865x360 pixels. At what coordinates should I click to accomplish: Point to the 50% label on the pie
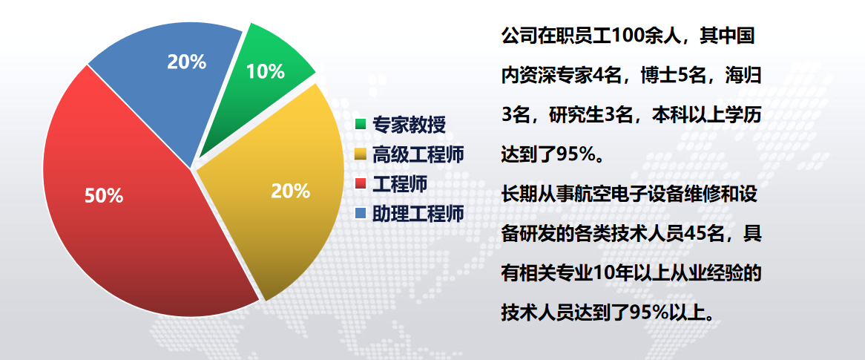(x=104, y=195)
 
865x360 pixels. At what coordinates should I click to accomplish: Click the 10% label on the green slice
(x=266, y=71)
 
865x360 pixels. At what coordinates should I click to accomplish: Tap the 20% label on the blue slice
(x=186, y=62)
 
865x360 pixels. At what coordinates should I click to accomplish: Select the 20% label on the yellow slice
(x=290, y=191)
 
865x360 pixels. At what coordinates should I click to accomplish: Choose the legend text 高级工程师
(x=418, y=154)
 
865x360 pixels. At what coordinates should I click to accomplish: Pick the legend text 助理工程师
(x=418, y=213)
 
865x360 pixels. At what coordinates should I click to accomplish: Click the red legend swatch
(x=361, y=184)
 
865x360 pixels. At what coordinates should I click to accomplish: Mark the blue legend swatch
(x=361, y=213)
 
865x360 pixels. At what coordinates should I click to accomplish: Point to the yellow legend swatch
(x=361, y=154)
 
